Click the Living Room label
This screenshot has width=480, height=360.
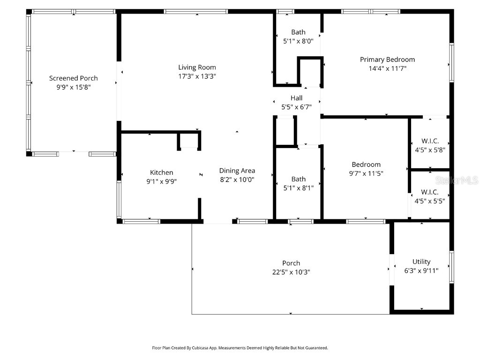(197, 67)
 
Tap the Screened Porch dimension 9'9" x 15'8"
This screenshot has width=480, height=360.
(74, 87)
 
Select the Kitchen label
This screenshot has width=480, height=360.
(161, 172)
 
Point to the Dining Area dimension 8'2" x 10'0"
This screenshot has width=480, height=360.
(237, 180)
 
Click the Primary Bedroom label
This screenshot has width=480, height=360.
(387, 60)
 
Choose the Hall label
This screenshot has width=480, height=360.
(296, 98)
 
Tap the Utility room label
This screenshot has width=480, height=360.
(421, 262)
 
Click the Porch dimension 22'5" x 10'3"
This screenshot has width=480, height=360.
(291, 272)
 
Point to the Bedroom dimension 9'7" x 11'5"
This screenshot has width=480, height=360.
(366, 173)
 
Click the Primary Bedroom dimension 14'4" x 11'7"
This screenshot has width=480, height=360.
(387, 68)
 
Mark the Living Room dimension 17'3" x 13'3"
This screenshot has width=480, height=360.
(197, 75)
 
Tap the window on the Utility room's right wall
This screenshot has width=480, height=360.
(452, 267)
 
